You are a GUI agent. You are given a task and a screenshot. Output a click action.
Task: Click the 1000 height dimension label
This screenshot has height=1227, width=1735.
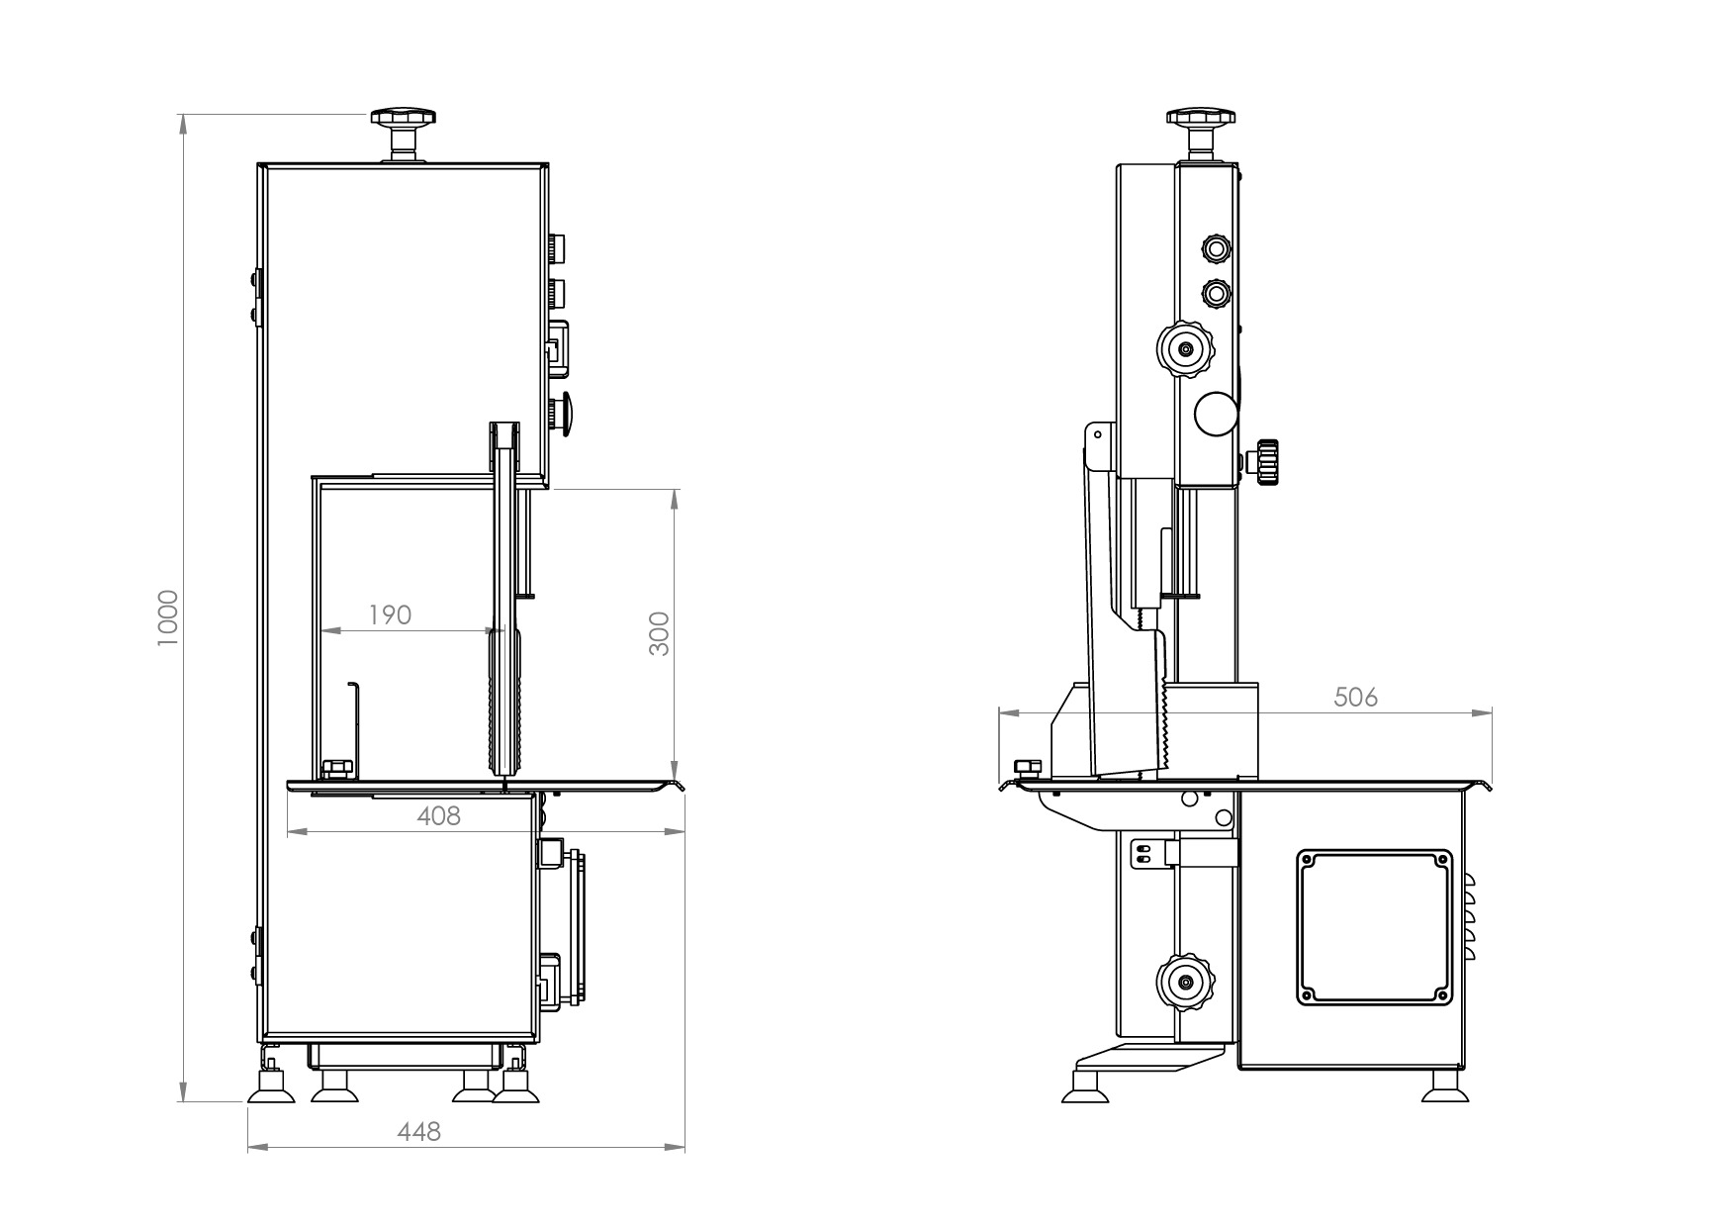pos(168,617)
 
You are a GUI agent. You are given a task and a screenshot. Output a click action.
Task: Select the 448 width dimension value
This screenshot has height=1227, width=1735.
pos(420,1131)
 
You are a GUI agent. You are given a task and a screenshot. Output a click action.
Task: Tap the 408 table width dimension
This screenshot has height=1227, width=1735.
pos(438,816)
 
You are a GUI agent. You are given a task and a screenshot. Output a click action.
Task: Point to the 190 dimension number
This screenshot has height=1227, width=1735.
pos(390,614)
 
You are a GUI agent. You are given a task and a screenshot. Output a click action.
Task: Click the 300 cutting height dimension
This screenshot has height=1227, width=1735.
pos(659,633)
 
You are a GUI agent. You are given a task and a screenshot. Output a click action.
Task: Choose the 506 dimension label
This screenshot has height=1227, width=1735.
pos(1355,697)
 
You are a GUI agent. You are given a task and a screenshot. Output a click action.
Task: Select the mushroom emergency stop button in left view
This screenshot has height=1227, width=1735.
pos(565,413)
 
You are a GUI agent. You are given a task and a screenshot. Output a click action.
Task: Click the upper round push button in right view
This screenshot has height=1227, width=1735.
pos(1215,245)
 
